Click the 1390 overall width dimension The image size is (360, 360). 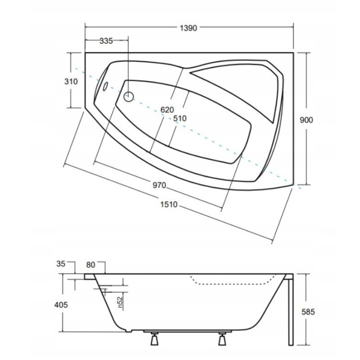coord(189,28)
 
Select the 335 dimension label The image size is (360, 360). coord(106,41)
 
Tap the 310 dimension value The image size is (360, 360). coord(71,81)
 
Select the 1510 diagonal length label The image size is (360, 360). coord(169,204)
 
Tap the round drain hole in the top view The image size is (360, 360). coord(129,96)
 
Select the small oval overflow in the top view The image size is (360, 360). coord(104,87)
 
